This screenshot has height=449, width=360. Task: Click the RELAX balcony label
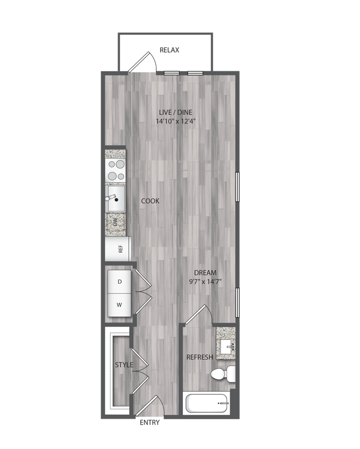tap(170, 51)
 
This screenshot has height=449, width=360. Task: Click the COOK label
tap(150, 201)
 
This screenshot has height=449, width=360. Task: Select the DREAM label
tap(205, 273)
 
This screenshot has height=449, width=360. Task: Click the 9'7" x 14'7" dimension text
tap(206, 282)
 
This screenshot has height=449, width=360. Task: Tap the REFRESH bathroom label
tap(200, 357)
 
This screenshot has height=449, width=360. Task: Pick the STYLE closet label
tap(124, 364)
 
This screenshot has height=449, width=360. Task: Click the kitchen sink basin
tap(116, 199)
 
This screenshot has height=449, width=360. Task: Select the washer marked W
tap(120, 305)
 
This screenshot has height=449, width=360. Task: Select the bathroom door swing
tap(199, 315)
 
